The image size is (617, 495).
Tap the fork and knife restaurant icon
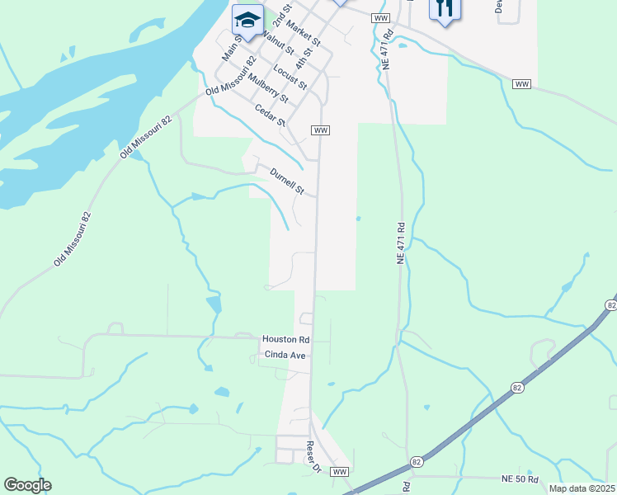pos(444,8)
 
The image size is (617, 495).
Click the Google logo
pos(27,485)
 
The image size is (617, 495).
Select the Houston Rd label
pos(285,339)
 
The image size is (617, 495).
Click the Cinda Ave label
pos(285,355)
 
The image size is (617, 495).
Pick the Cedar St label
pos(270,115)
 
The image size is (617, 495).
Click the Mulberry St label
pos(271,88)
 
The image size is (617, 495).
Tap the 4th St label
pos(306,64)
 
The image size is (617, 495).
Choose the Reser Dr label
pos(313,457)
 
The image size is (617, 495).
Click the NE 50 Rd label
pos(520,479)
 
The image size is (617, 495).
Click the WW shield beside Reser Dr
pos(340,471)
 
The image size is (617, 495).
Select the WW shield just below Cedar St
pos(321,130)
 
